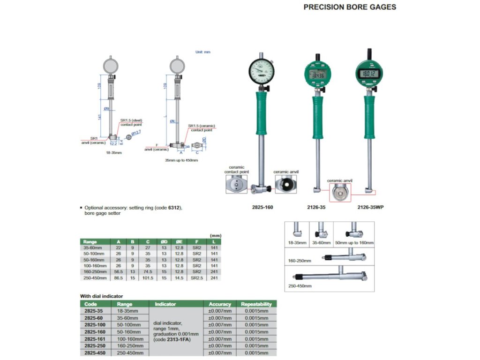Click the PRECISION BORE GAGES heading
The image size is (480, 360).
pyautogui.click(x=350, y=7)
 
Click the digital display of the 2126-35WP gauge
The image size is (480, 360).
pyautogui.click(x=369, y=73)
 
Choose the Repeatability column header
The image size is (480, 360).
pyautogui.click(x=256, y=304)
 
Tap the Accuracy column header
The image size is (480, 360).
pyautogui.click(x=220, y=304)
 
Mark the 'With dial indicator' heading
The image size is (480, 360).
pyautogui.click(x=102, y=296)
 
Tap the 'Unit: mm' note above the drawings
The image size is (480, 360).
pyautogui.click(x=203, y=52)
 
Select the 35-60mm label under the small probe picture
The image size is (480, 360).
pyautogui.click(x=322, y=243)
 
